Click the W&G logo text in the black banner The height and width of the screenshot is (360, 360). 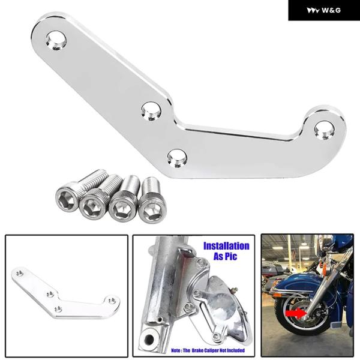point(331,10)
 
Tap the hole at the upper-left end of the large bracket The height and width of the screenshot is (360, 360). point(56,40)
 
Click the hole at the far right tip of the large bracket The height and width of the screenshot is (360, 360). point(324,130)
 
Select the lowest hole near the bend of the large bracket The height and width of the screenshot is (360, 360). point(177,158)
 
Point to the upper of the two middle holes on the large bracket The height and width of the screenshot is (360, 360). point(151,111)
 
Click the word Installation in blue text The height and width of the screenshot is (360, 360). point(226,246)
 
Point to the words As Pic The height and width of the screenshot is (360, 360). point(225,256)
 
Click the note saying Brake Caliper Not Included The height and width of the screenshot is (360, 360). point(208,350)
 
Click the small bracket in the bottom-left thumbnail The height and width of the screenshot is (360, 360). point(66,293)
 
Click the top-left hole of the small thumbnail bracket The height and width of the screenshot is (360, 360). point(20,273)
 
